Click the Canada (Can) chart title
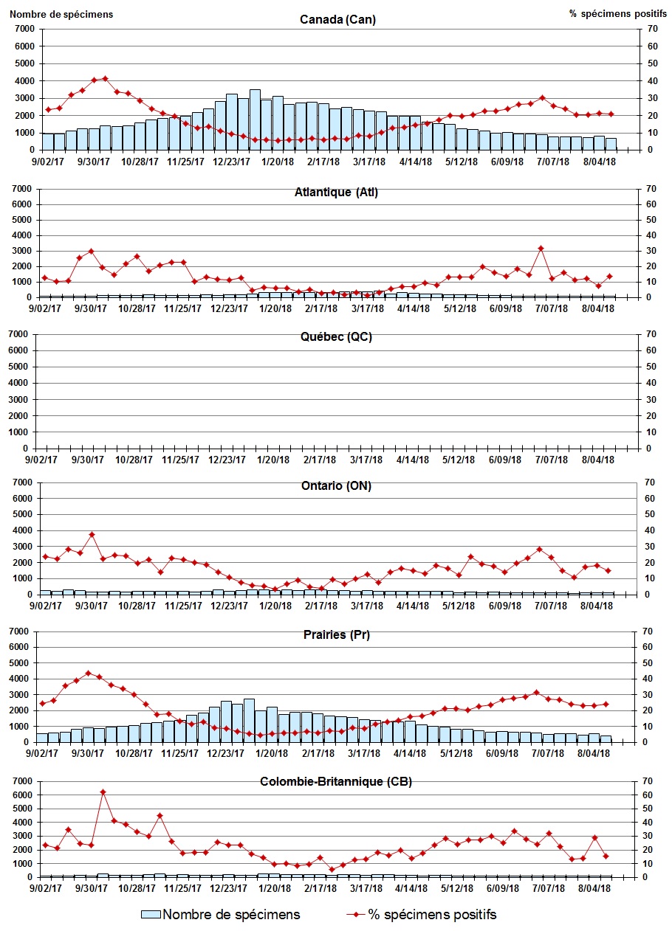(337, 19)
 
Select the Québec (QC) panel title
(336, 337)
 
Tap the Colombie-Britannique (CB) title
(336, 781)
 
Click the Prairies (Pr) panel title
(336, 634)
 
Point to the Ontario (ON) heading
(336, 485)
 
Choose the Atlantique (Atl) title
(336, 193)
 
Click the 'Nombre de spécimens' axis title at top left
(62, 13)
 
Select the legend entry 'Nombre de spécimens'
(221, 915)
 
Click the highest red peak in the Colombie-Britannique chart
(103, 792)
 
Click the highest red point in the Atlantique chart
(541, 248)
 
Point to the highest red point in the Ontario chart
(92, 534)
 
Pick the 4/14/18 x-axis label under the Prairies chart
(410, 754)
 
